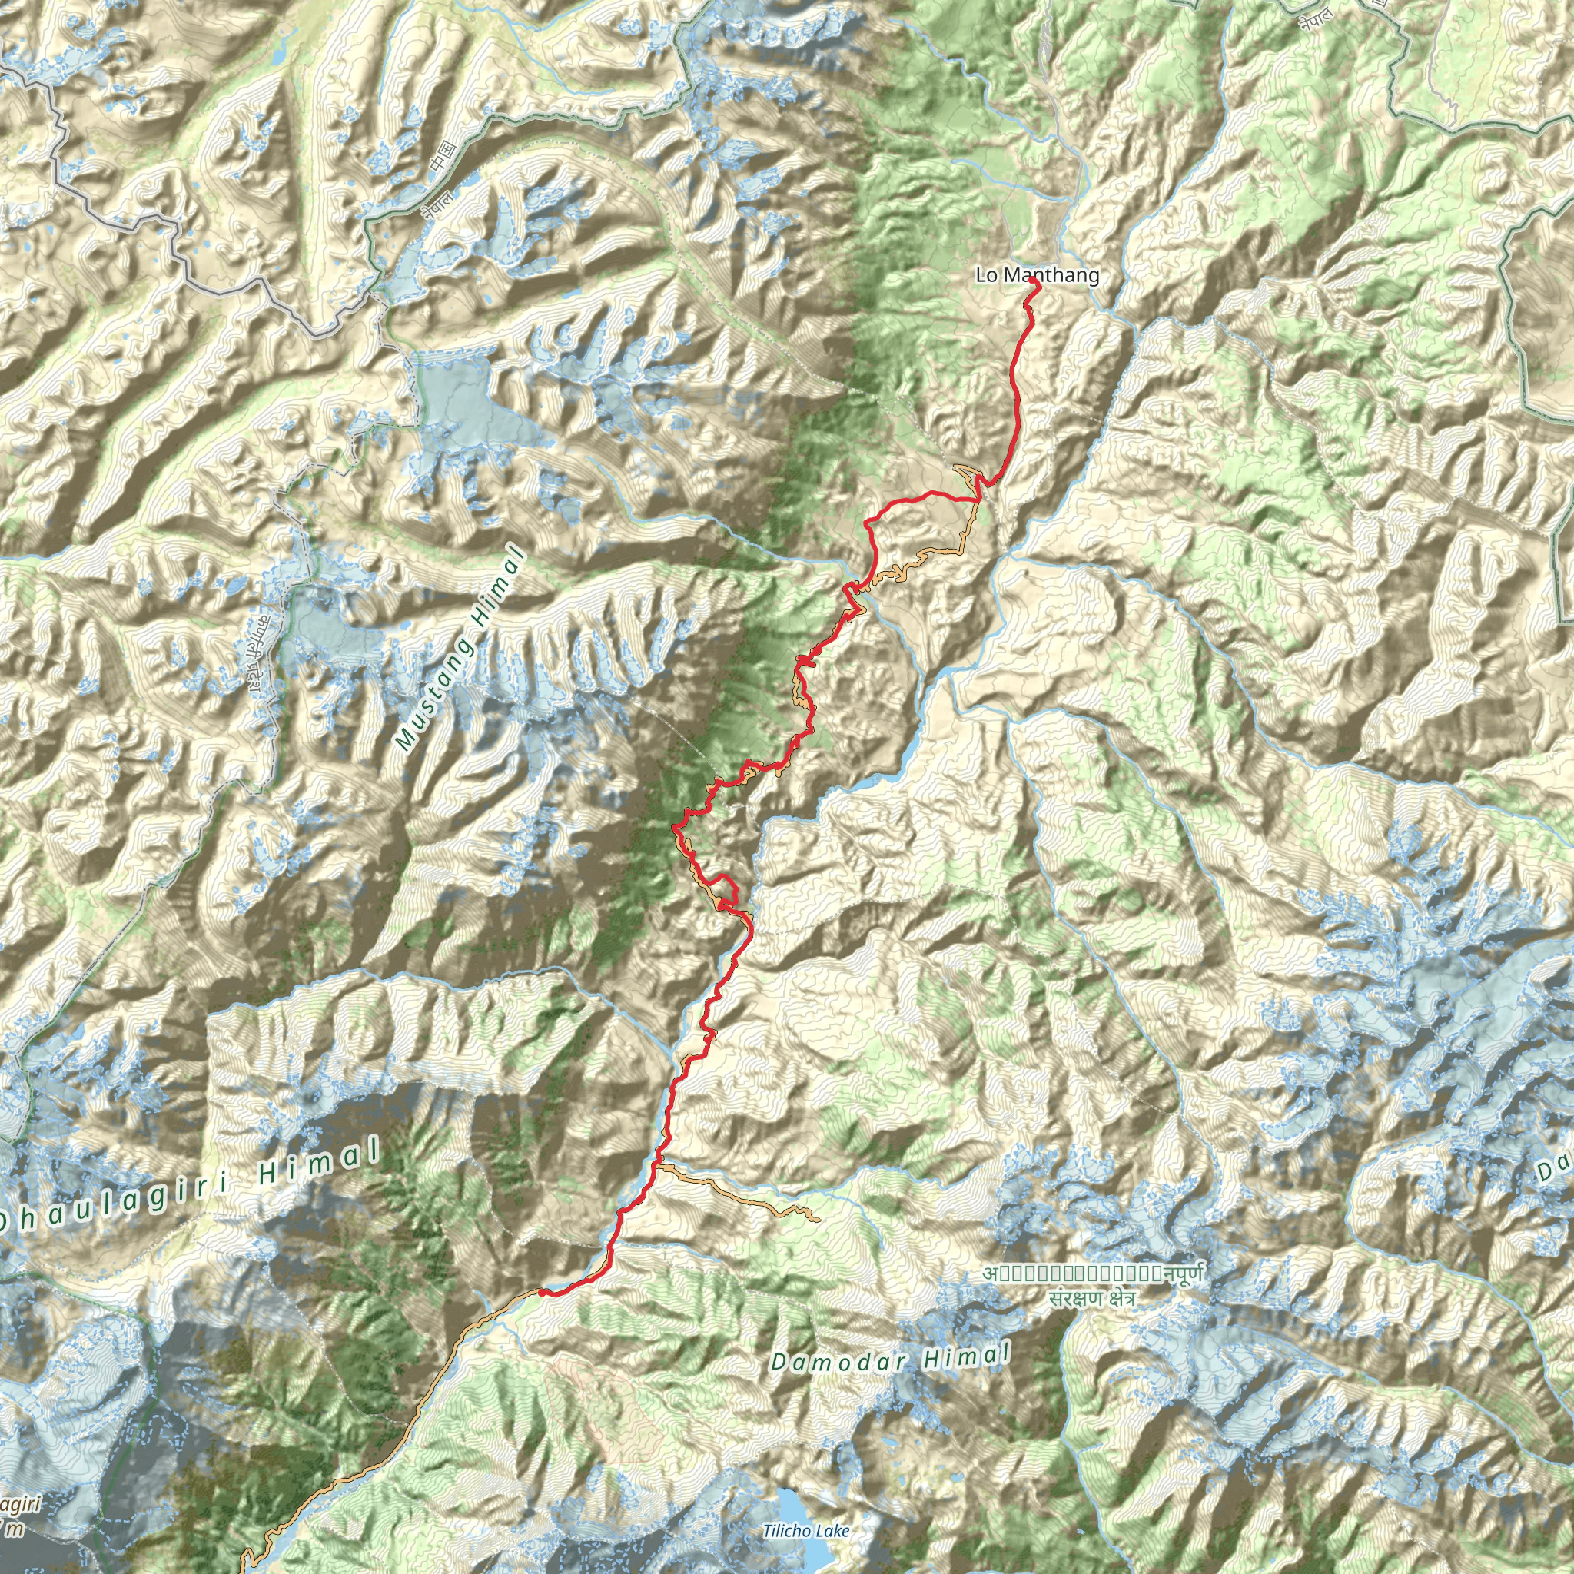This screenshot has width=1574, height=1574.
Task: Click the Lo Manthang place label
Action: pyautogui.click(x=1036, y=275)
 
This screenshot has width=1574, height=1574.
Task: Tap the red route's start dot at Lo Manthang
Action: pyautogui.click(x=1033, y=281)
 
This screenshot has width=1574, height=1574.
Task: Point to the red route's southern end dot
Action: pyautogui.click(x=540, y=1291)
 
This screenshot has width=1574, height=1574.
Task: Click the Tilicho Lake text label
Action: pyautogui.click(x=805, y=1531)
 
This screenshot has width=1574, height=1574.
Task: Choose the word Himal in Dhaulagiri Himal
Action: pyautogui.click(x=320, y=1165)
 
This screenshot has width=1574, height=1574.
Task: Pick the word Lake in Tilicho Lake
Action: pyautogui.click(x=832, y=1531)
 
